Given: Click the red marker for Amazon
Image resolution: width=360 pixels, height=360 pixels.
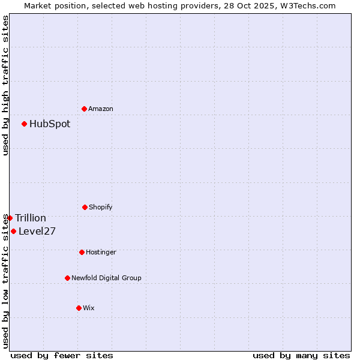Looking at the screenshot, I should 84,109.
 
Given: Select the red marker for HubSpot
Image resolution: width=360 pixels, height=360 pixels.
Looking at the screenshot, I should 24,124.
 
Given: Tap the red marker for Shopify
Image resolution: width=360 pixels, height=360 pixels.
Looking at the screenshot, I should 85,207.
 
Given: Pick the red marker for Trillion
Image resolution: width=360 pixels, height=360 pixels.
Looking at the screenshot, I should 10,218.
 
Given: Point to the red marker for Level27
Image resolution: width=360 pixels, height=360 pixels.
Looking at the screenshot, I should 13,231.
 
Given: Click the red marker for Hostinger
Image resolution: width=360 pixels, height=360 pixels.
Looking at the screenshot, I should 82,252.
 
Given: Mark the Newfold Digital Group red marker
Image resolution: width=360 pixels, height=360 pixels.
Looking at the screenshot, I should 67,278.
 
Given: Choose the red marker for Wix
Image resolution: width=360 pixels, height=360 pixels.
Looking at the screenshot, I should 79,308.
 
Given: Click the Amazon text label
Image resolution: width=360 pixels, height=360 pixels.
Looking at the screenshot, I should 101,109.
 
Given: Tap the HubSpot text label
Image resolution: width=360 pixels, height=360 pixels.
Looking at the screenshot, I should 50,124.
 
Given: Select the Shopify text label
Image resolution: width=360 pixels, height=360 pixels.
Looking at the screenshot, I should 101,207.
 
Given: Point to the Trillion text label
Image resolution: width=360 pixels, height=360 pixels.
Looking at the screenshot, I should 31,218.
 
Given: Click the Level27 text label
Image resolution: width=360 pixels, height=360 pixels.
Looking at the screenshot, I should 37,231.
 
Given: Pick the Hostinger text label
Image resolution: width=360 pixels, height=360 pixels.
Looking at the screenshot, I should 101,252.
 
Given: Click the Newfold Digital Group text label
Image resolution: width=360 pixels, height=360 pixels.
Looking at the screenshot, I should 106,278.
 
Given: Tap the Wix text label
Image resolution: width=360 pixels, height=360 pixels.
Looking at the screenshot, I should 89,308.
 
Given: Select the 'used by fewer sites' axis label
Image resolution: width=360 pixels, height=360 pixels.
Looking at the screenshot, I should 62,355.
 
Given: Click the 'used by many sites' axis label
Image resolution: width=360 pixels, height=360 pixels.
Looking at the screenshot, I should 301,355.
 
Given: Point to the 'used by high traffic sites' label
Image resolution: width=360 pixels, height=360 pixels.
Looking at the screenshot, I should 5,85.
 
